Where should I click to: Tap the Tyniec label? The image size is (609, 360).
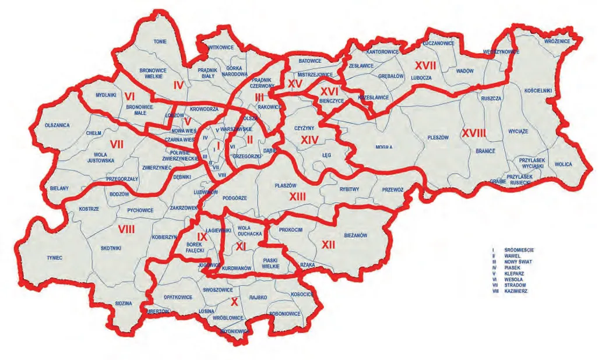pos(55,257)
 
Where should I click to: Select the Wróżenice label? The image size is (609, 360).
pos(555,43)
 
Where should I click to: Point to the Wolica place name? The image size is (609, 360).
pos(563,164)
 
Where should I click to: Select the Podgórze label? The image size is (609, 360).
pos(235,198)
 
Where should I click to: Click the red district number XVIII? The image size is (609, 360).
pos(474,133)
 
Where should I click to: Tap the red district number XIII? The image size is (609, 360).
pos(297,197)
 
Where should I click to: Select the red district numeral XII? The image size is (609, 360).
pos(328,245)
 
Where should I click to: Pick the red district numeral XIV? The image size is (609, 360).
pos(310,140)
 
